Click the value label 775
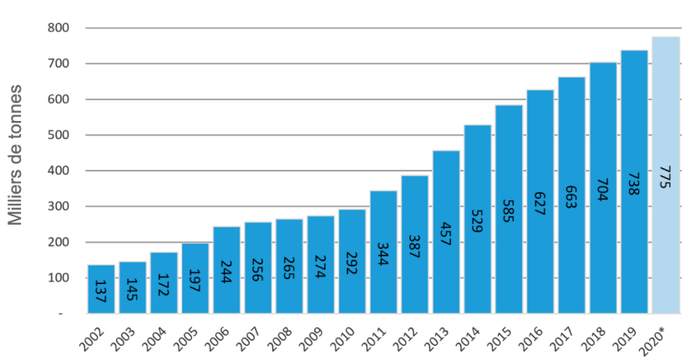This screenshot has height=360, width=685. (666, 178)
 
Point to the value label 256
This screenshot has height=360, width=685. (258, 268)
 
